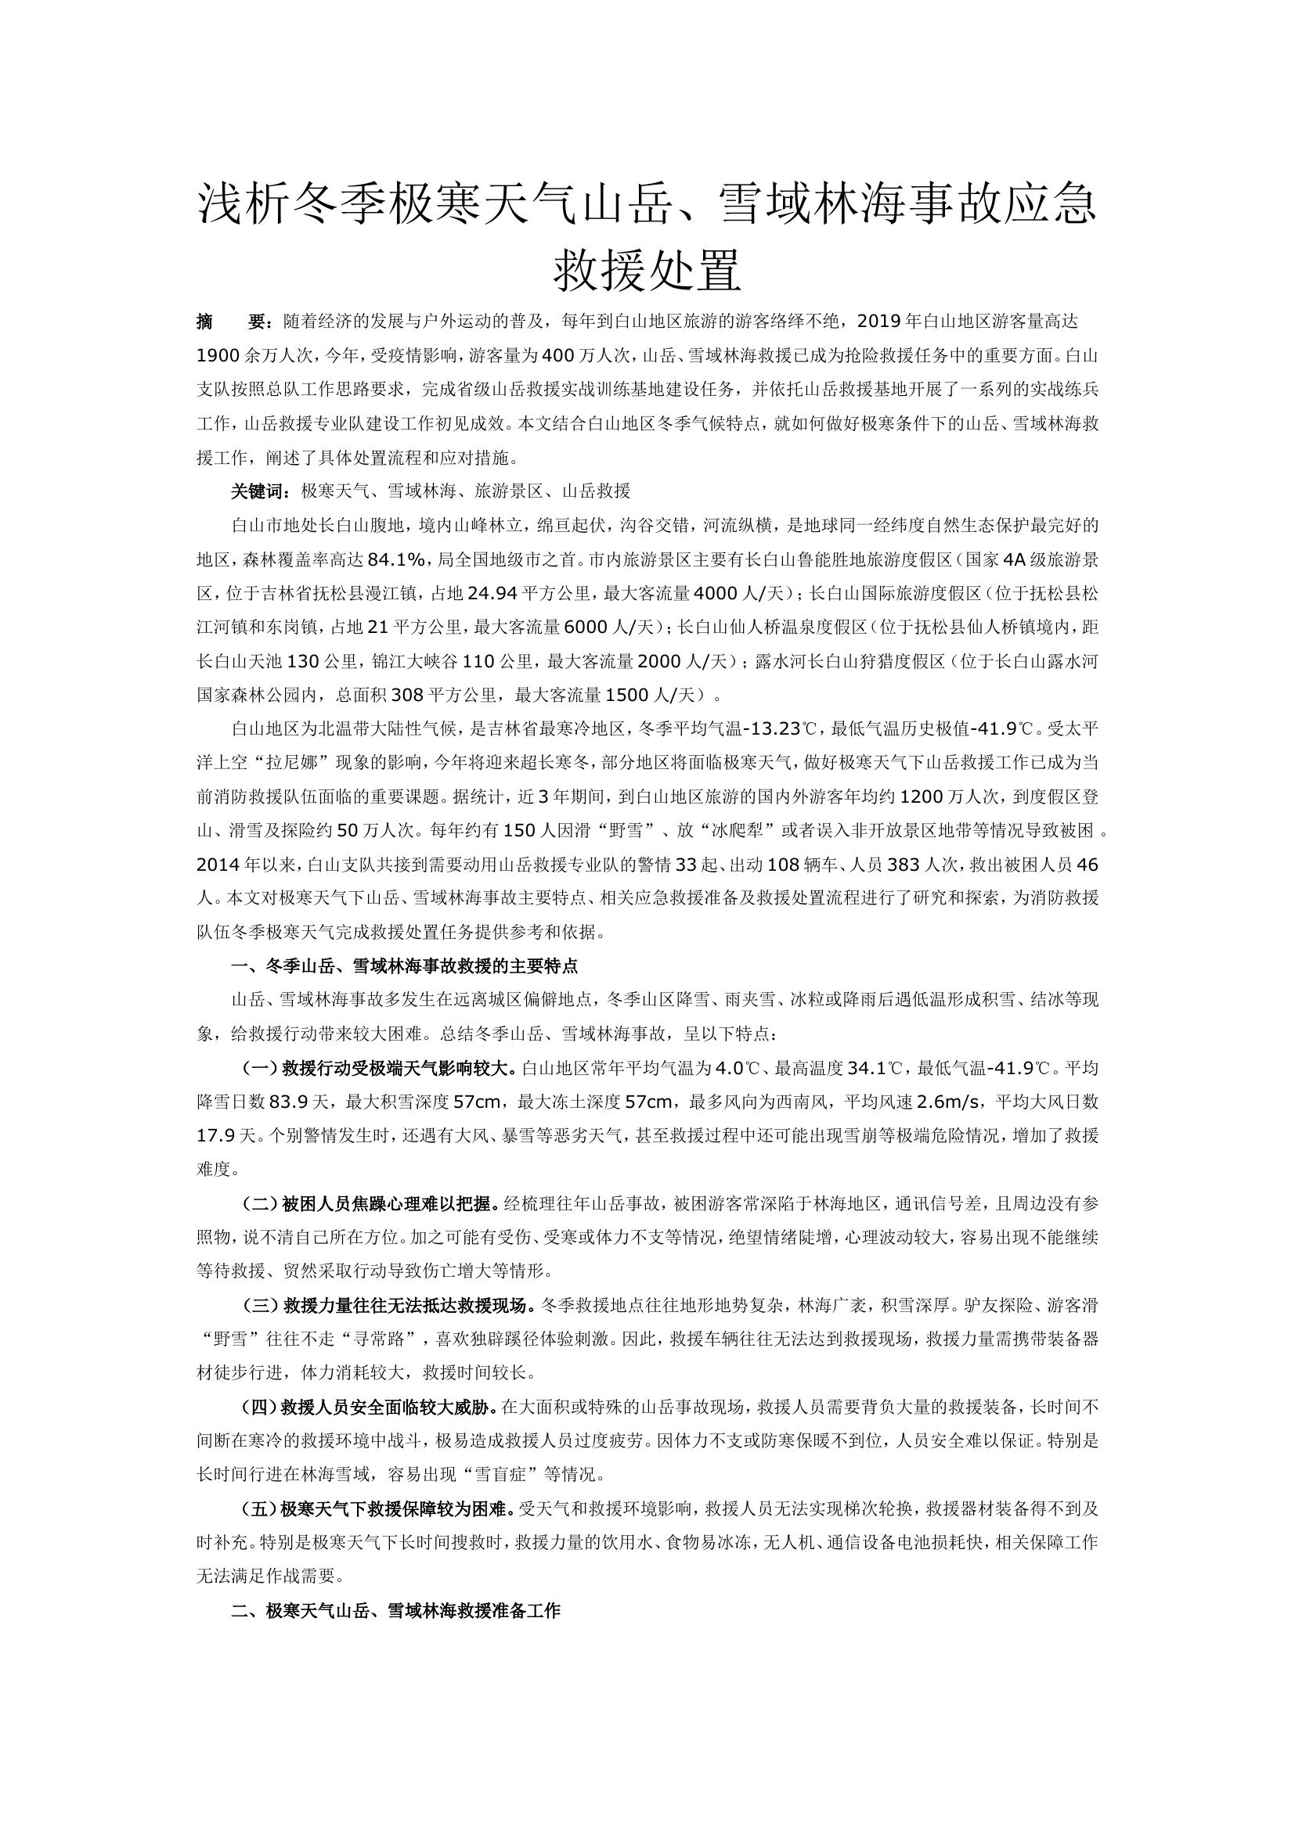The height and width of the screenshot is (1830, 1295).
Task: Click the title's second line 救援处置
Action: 647,271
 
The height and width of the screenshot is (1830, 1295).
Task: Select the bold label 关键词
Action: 257,491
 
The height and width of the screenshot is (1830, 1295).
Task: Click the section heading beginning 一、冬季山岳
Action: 404,966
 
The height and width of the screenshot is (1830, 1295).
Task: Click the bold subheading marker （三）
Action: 259,1306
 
